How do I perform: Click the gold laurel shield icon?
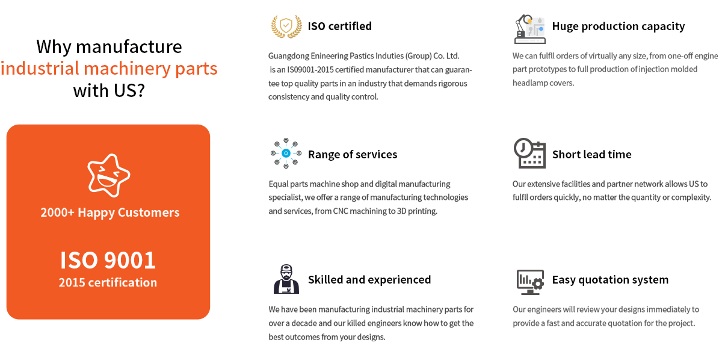[x=286, y=26]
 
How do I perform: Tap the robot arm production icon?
[x=530, y=29]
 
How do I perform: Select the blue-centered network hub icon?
[x=286, y=154]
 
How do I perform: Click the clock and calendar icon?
[x=529, y=154]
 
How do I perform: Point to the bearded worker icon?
[x=286, y=279]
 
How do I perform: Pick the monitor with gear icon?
[x=530, y=282]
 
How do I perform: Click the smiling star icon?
[x=109, y=175]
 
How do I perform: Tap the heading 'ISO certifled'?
[x=340, y=26]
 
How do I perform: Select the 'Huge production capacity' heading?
[x=619, y=26]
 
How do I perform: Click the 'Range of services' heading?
[x=353, y=155]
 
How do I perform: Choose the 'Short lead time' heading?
[x=592, y=155]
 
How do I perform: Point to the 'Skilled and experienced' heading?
[x=369, y=280]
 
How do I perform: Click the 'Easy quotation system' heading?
[x=610, y=280]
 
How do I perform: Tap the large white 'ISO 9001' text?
[x=108, y=260]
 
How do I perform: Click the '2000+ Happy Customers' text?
[x=110, y=213]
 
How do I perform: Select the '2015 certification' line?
[x=108, y=282]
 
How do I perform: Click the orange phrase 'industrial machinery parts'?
[x=109, y=69]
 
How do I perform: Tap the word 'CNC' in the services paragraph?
[x=341, y=211]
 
